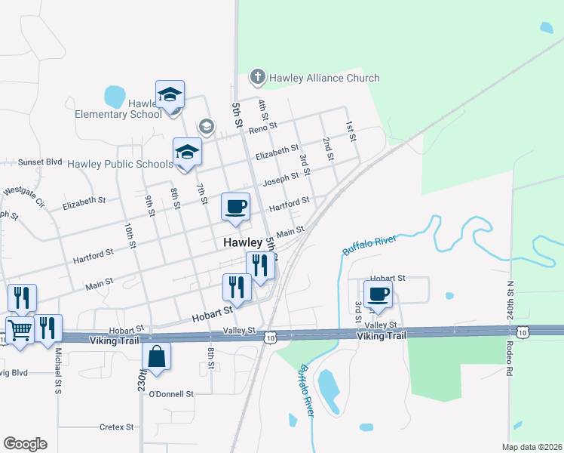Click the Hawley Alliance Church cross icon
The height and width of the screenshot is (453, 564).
(x=257, y=77)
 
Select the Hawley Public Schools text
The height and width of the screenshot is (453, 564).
(x=120, y=164)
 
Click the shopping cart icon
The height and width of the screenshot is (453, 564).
(x=19, y=329)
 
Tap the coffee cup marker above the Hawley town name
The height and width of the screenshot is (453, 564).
(x=235, y=206)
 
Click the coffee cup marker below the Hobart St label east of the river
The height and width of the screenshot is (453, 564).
(x=378, y=294)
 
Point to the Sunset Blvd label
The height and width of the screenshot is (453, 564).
(x=39, y=162)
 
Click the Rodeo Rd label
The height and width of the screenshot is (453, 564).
(x=510, y=361)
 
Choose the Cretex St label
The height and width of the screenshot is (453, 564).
(x=116, y=427)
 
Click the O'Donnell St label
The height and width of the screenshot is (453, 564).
(x=171, y=394)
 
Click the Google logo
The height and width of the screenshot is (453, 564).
(x=25, y=444)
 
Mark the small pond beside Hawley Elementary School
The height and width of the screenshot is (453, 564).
(x=115, y=96)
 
